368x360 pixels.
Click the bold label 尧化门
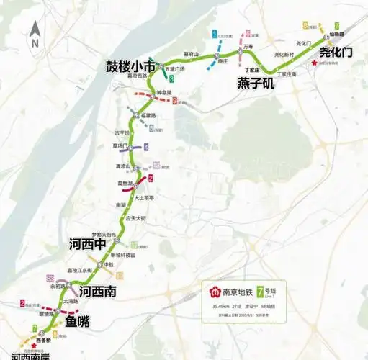coord(336,52)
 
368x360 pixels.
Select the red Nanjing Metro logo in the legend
coord(213,293)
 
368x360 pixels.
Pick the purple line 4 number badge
coord(146,147)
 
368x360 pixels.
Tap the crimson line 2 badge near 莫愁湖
coord(150,179)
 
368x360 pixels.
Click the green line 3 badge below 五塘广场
coord(171,78)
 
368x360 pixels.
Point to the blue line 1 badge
coord(214,34)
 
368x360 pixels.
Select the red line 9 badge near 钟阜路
coord(175,102)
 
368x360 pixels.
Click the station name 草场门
coord(110,145)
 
